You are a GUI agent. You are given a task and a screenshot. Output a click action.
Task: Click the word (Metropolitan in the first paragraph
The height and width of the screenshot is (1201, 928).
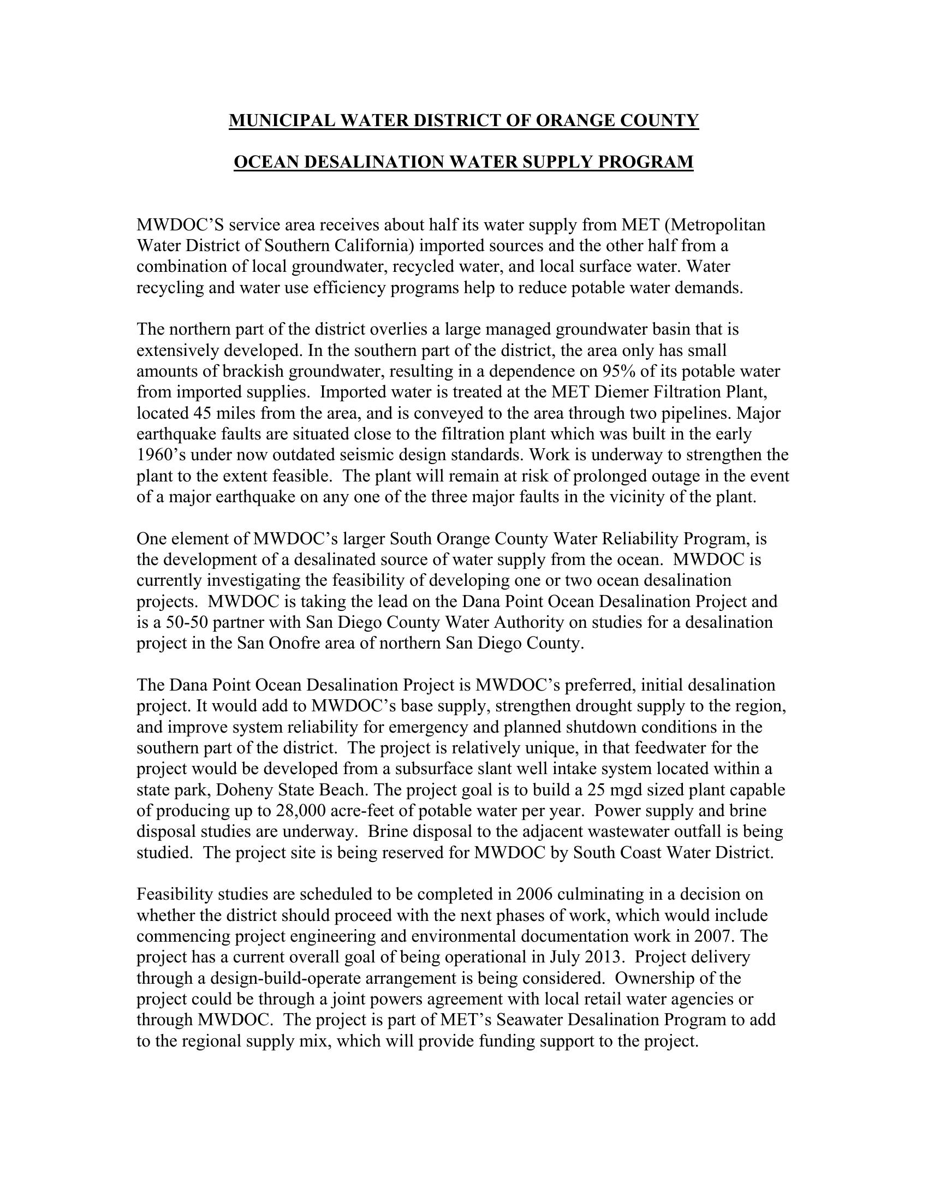point(716,225)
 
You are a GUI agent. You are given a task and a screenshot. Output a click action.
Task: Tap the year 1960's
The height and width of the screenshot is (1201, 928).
point(157,455)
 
